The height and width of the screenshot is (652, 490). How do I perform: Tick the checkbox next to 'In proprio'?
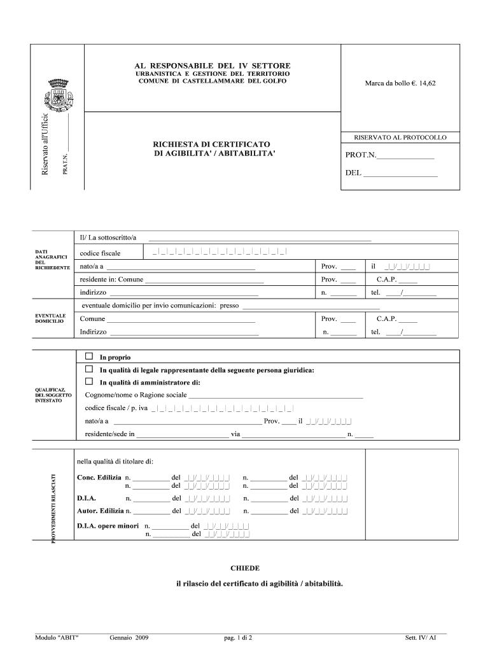89,357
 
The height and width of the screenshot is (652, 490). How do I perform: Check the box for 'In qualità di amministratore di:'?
89,381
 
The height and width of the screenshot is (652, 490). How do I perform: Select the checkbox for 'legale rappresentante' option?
89,369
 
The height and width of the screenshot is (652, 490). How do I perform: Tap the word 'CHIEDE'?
244,567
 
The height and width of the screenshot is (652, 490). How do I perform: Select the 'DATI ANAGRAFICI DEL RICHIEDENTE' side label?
52,260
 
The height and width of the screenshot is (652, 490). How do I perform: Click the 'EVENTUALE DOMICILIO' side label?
50,318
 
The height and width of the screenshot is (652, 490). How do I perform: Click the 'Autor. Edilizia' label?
101,511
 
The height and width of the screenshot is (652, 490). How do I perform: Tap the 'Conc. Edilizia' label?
99,477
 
